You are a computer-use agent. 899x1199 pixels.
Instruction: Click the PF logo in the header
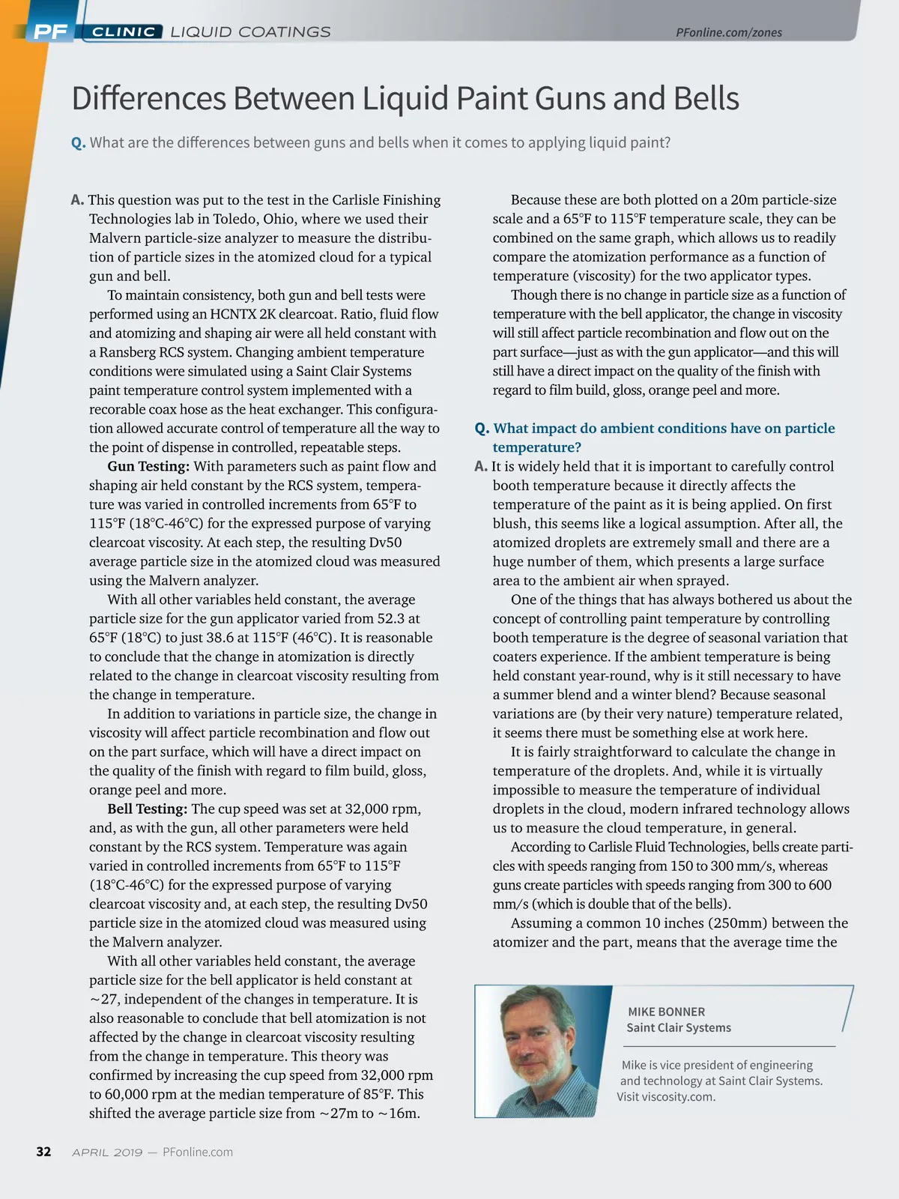[x=50, y=31]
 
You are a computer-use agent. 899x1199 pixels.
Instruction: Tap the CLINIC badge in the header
[x=124, y=31]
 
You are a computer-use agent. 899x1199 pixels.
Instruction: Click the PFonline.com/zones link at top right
[x=728, y=32]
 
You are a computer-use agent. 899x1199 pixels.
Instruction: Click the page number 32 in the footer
[x=43, y=1152]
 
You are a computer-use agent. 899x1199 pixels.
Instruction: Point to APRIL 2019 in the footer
[x=107, y=1153]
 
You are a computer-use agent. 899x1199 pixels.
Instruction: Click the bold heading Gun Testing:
[x=148, y=466]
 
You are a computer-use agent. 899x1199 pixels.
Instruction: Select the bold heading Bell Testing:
[x=148, y=809]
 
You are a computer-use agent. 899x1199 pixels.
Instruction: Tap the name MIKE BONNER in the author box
[x=666, y=1012]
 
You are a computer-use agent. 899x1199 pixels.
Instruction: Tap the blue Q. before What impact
[x=482, y=429]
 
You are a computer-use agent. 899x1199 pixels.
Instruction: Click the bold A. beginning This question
[x=77, y=200]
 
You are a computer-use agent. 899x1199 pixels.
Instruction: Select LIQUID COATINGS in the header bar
[x=250, y=31]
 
